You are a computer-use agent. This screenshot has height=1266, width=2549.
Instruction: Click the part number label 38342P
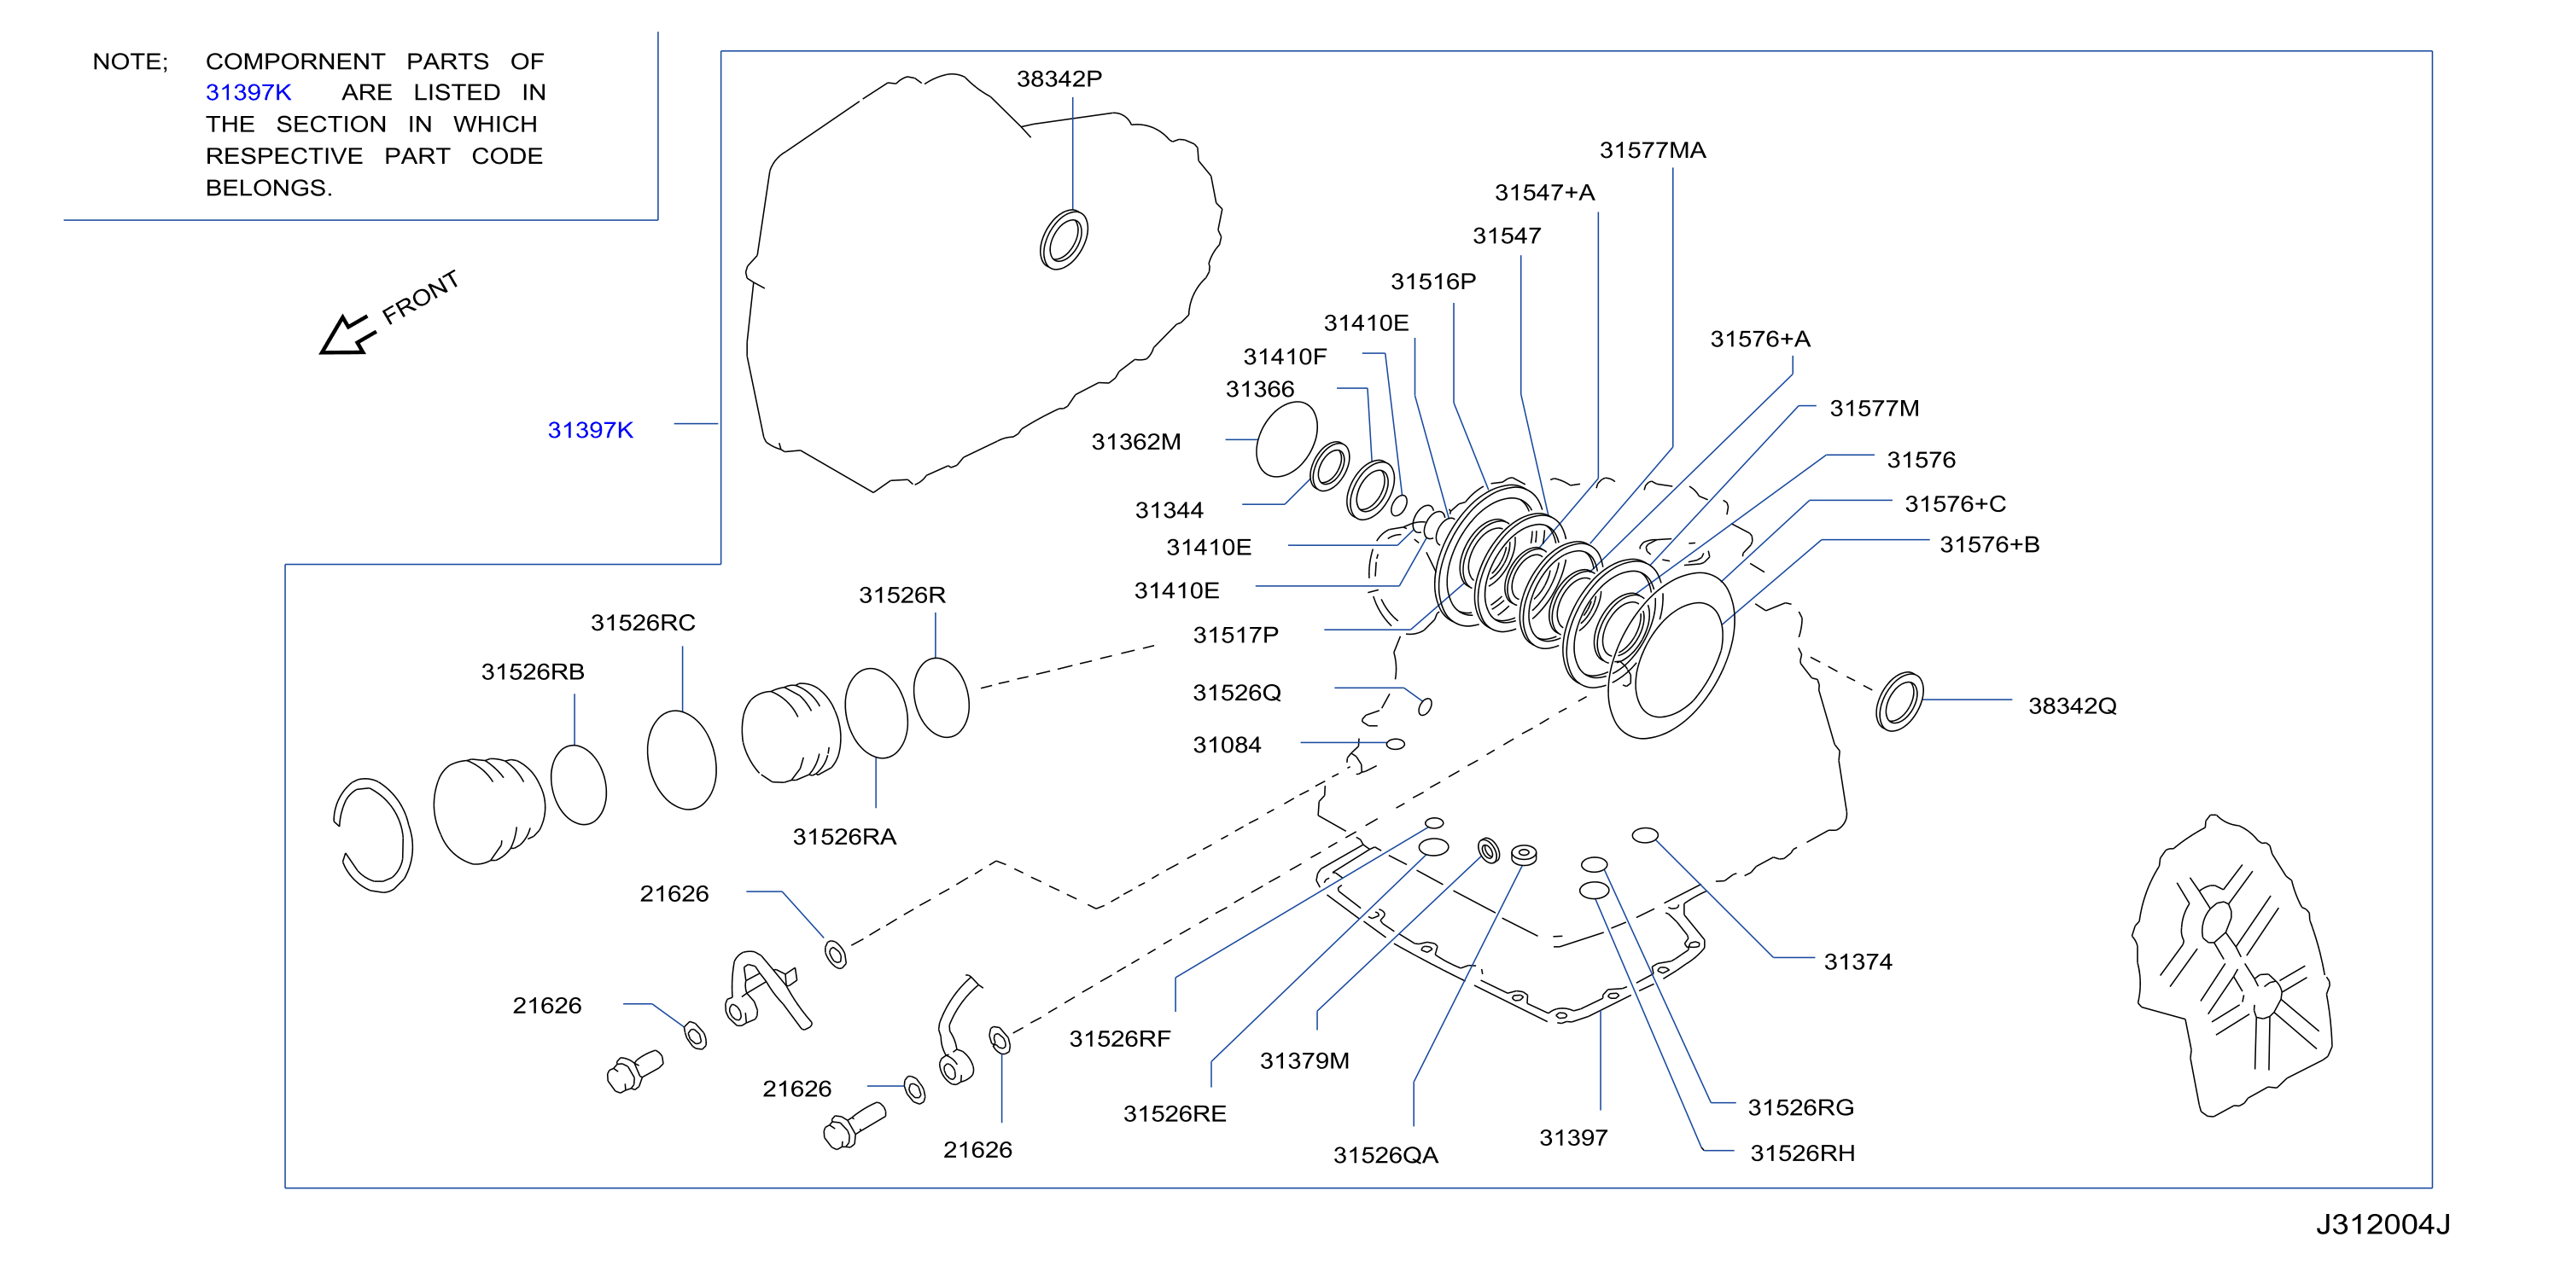click(x=1059, y=78)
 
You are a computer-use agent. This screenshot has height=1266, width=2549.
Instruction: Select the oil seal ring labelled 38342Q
click(x=1900, y=701)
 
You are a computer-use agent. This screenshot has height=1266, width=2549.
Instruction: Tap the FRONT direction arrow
click(x=349, y=334)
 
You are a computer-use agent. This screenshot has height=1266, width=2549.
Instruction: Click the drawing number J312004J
click(x=2383, y=1224)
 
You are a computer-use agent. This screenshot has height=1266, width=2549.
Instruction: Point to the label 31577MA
click(x=1653, y=150)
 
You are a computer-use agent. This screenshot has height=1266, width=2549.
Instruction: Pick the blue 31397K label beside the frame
click(x=590, y=430)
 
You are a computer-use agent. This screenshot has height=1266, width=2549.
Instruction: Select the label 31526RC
click(x=643, y=622)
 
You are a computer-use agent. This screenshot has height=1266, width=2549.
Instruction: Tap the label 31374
click(x=1858, y=961)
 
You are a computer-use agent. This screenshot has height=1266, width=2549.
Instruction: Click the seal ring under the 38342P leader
click(x=1064, y=240)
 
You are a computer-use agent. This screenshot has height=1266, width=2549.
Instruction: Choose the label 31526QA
click(x=1385, y=1155)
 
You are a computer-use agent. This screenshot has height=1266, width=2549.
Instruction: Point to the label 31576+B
click(x=1989, y=544)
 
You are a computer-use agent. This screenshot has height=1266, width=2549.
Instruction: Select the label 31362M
click(x=1136, y=442)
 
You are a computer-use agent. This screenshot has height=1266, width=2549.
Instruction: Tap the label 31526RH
click(x=1802, y=1153)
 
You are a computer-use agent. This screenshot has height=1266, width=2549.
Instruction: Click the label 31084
click(x=1227, y=745)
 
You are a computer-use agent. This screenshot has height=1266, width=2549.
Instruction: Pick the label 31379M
click(x=1304, y=1060)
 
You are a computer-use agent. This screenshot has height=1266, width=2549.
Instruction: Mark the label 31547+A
click(x=1544, y=193)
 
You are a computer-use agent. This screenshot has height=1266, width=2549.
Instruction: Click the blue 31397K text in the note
click(x=248, y=92)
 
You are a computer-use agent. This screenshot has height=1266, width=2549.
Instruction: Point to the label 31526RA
click(x=844, y=837)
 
